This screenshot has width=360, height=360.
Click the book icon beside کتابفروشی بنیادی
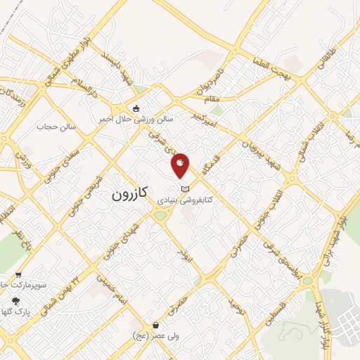point(185,188)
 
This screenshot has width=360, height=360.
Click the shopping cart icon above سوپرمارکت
point(18,275)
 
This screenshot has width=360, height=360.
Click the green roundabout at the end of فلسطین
point(307,281)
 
